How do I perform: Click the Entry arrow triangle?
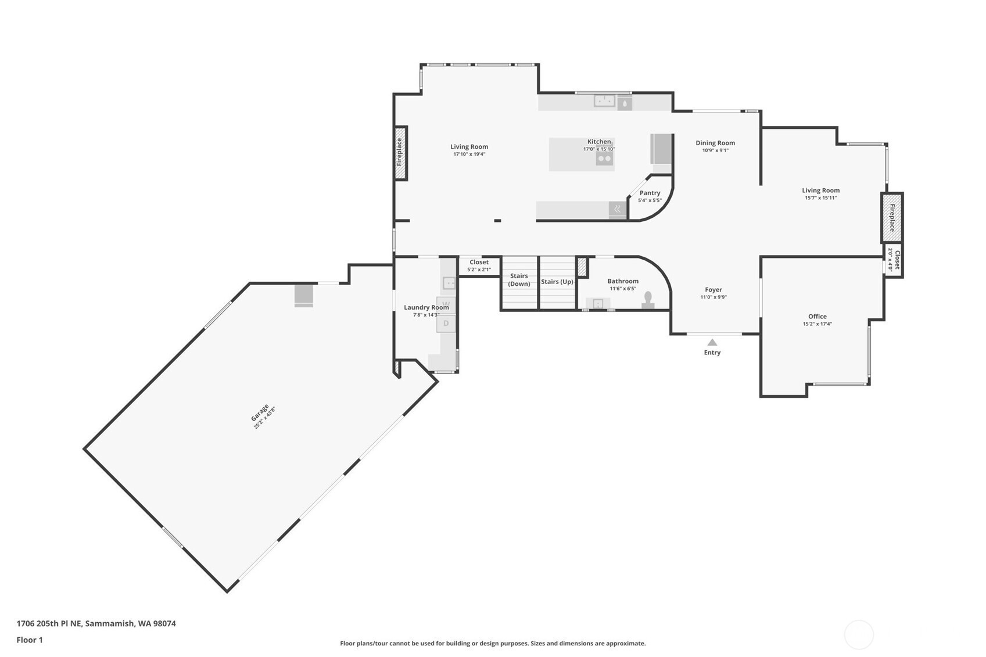(x=712, y=342)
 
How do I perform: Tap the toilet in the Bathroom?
(x=648, y=300)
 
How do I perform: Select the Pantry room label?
(x=650, y=193)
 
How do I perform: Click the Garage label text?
(x=260, y=413)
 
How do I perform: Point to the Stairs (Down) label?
(x=519, y=280)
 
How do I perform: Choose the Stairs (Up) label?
(x=557, y=282)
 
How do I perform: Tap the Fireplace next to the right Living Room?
(x=892, y=217)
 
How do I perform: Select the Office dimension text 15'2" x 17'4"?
(x=818, y=324)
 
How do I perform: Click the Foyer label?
(x=713, y=289)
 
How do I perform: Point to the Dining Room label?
(x=715, y=142)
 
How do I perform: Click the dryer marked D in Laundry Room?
(x=446, y=324)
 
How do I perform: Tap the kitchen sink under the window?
(x=604, y=101)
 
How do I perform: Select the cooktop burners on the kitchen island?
(x=604, y=158)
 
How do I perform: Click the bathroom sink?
(x=598, y=303)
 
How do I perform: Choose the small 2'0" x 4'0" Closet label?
(x=894, y=260)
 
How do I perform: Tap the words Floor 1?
(x=30, y=640)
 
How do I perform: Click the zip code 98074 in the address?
(x=164, y=623)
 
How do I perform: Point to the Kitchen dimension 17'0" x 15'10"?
(x=599, y=149)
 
